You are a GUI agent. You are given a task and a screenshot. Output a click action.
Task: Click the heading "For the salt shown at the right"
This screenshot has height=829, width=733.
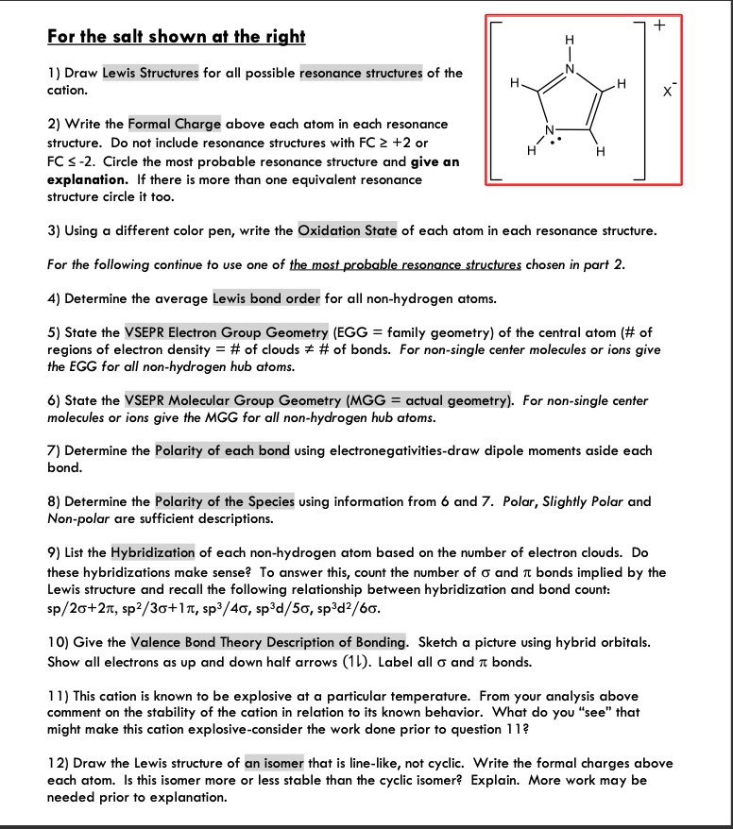click(176, 37)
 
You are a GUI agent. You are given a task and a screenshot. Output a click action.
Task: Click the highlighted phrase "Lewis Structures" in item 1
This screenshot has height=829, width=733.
click(150, 73)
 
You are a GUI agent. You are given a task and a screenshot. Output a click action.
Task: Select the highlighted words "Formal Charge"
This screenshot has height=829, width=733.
click(175, 124)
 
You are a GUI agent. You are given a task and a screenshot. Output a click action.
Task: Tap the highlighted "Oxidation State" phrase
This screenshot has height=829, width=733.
click(348, 230)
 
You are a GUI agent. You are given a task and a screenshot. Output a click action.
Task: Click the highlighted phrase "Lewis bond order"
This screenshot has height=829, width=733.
click(266, 298)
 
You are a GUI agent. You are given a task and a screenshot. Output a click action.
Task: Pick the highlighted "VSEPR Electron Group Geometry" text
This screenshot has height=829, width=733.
click(227, 332)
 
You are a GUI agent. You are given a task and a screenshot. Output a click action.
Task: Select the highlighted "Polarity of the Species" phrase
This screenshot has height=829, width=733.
click(225, 501)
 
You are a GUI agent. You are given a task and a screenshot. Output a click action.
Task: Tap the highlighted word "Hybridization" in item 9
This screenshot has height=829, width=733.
click(153, 552)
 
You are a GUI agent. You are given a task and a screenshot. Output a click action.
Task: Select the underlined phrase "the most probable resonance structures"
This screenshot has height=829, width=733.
click(405, 264)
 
